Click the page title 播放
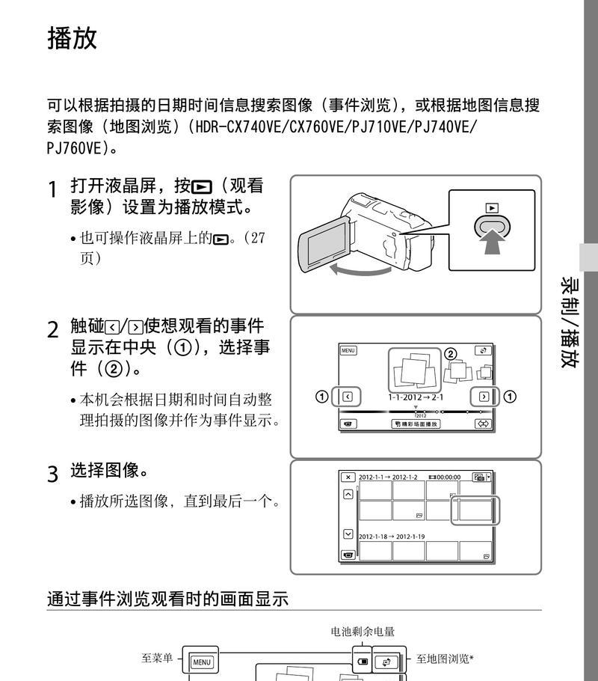(72, 38)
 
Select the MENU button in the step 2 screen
(348, 350)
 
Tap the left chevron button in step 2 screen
(348, 397)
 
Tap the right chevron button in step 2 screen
(484, 397)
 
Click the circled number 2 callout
(450, 354)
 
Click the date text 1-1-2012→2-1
(416, 397)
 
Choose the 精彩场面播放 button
(416, 424)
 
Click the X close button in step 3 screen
(348, 477)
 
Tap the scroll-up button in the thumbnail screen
(348, 495)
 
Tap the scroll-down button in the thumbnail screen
(348, 534)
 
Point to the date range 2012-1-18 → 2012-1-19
(392, 537)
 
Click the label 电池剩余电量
(363, 632)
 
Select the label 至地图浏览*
(445, 659)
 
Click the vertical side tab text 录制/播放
(570, 322)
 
